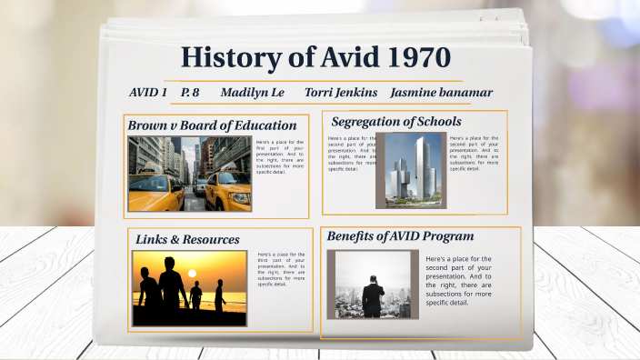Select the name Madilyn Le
click(x=252, y=92)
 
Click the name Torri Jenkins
click(x=341, y=92)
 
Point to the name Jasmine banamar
click(x=441, y=92)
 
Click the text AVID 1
click(x=148, y=92)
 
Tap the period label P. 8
click(x=190, y=92)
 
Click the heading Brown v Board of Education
click(x=212, y=125)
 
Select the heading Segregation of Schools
click(x=395, y=121)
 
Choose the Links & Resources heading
click(x=187, y=239)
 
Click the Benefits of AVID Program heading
click(x=400, y=235)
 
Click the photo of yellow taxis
click(x=189, y=173)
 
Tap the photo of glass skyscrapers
click(x=411, y=170)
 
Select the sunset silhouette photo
click(x=189, y=287)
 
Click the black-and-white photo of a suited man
click(x=373, y=284)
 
